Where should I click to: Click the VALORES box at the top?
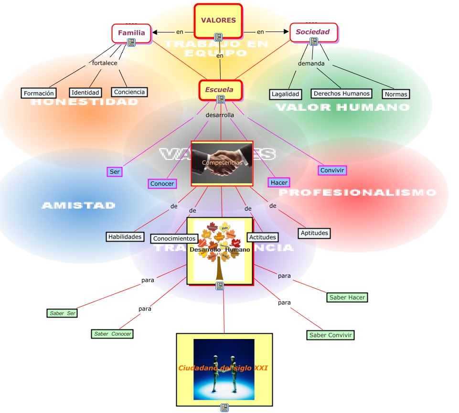coord(218,21)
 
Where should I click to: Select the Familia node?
coord(131,33)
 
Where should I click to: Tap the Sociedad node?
coord(313,32)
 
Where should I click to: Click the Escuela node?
coord(220,89)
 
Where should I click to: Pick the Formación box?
coord(39,93)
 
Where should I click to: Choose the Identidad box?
coord(85,92)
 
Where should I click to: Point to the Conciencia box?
coord(129,92)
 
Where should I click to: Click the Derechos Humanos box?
coord(342,94)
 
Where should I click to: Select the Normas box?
coord(396,94)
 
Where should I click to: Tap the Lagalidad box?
coord(286,94)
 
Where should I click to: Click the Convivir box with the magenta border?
coord(332,170)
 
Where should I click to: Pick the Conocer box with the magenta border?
coord(162,183)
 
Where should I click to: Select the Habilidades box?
coord(125,236)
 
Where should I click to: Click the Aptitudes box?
coord(314,233)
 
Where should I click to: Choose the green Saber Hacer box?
coord(347,297)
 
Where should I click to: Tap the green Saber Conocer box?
coord(112,334)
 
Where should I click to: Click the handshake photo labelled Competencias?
coord(222,163)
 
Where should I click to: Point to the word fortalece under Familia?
coord(105,63)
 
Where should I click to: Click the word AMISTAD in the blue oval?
coord(79,205)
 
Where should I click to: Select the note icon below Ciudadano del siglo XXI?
coord(224,407)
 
